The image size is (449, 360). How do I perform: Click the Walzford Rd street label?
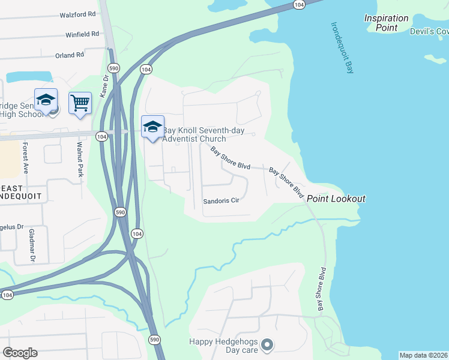[x=78, y=14]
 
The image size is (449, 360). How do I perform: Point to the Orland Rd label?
[x=69, y=55]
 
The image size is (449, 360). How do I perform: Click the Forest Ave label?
[x=26, y=155]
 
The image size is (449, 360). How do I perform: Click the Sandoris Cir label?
[x=221, y=200]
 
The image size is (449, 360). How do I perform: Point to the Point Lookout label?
[x=336, y=199]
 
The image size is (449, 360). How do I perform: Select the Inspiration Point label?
[x=387, y=23]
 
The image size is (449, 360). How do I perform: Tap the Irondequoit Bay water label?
[x=343, y=48]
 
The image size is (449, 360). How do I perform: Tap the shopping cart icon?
[x=80, y=103]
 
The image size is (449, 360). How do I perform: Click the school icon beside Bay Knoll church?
[x=152, y=127]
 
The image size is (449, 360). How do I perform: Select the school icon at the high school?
[x=46, y=100]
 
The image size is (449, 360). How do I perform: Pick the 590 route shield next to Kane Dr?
[x=112, y=67]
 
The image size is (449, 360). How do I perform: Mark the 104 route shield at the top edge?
[x=299, y=4]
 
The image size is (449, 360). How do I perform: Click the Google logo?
[x=20, y=353]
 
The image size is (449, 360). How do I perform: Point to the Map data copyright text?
[x=423, y=355]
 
